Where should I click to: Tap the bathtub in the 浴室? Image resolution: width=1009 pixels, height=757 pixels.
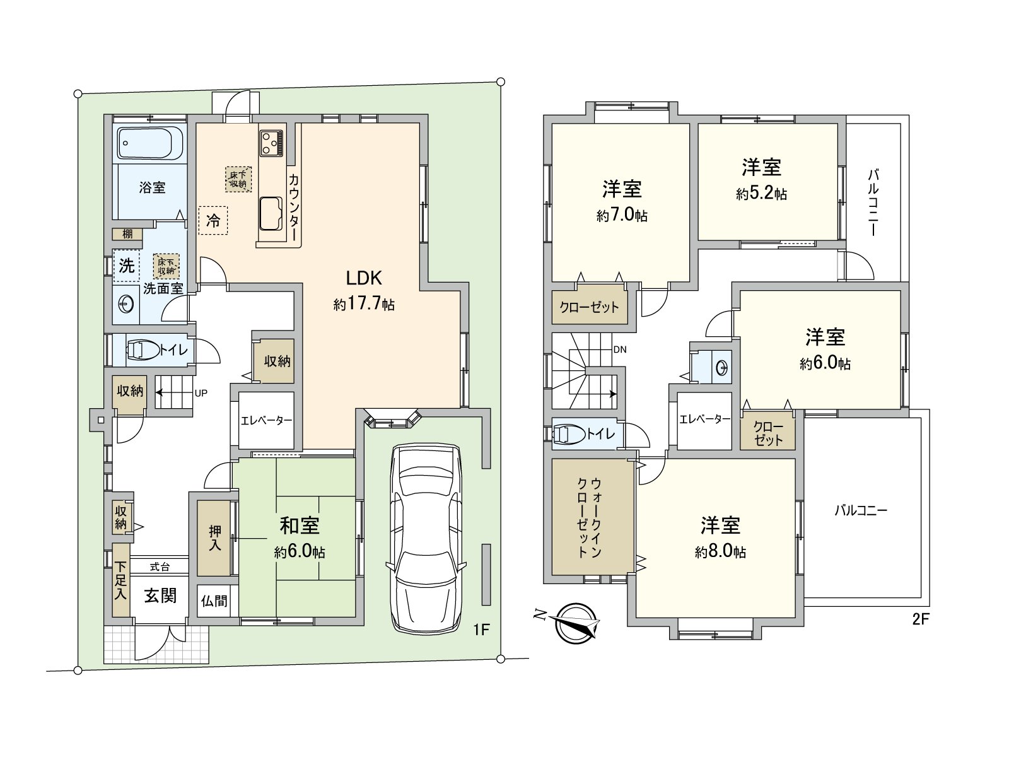tap(150, 143)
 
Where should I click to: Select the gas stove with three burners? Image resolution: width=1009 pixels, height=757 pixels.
tap(271, 143)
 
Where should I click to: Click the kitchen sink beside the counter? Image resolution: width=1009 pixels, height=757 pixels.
tap(271, 213)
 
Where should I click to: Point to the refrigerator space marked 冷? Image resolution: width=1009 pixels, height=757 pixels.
tap(213, 220)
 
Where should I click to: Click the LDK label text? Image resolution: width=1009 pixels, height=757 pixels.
tap(364, 278)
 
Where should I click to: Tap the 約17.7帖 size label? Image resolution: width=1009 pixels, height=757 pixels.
tap(364, 304)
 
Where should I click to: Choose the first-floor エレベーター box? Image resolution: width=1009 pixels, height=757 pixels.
tap(266, 420)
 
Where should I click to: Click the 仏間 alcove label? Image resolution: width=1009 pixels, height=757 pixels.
tap(214, 601)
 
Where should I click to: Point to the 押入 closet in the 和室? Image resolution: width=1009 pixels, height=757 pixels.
tap(214, 537)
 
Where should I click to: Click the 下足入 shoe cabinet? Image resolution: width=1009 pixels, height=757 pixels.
tap(121, 580)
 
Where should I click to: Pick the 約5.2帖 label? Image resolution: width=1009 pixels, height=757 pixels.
tap(761, 194)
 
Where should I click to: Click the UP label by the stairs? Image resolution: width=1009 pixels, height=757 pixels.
tap(201, 393)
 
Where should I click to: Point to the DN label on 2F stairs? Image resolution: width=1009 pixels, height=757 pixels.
tap(620, 349)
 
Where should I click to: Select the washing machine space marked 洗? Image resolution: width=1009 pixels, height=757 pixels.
tap(127, 266)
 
